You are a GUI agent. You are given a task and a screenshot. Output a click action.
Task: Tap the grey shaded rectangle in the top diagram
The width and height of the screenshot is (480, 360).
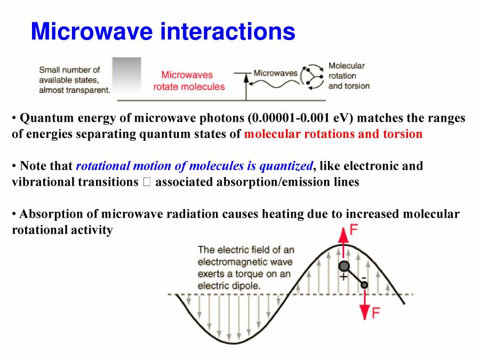pos(127,74)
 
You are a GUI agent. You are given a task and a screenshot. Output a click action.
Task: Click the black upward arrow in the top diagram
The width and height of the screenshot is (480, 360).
pos(246,86)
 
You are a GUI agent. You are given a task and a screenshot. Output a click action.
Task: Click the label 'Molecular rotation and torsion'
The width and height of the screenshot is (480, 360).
pos(348,76)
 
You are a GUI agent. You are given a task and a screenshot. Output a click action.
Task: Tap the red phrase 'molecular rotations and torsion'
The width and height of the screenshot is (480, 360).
pos(333,134)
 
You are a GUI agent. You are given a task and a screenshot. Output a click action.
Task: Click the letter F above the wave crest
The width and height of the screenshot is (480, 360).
pos(353,230)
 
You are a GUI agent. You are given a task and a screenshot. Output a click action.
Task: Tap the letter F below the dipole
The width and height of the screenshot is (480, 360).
pos(375,313)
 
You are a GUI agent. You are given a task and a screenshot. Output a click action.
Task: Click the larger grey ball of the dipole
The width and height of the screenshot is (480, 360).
pos(345,266)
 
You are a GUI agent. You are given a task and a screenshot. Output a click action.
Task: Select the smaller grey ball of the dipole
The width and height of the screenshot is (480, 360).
pos(364,285)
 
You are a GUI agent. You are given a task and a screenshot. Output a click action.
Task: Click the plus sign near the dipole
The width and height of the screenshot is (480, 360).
pos(343,277)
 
